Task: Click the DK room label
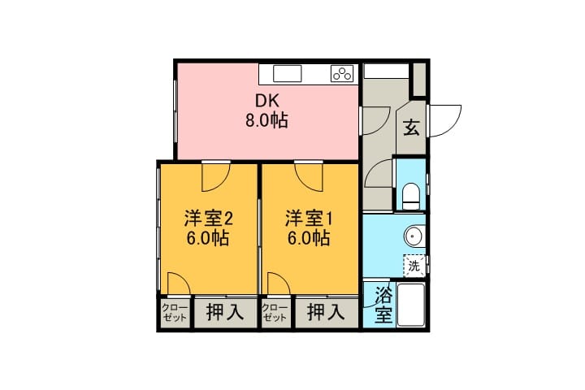(x=266, y=101)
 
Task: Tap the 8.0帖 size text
(x=266, y=120)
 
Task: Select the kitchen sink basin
(x=287, y=73)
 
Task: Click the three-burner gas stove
(x=342, y=73)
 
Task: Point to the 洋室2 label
(x=209, y=219)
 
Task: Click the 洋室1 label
(x=309, y=219)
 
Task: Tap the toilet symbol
(x=411, y=196)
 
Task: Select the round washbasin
(x=414, y=236)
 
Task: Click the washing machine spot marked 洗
(x=414, y=266)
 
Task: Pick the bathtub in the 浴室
(x=411, y=305)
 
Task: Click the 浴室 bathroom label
(x=383, y=305)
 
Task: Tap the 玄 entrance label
(x=411, y=127)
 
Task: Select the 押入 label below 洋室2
(x=225, y=312)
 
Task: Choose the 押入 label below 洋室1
(x=326, y=312)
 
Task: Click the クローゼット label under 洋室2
(x=175, y=313)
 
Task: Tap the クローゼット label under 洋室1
(x=275, y=313)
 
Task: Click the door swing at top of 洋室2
(x=216, y=178)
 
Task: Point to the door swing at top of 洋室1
(x=309, y=178)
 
